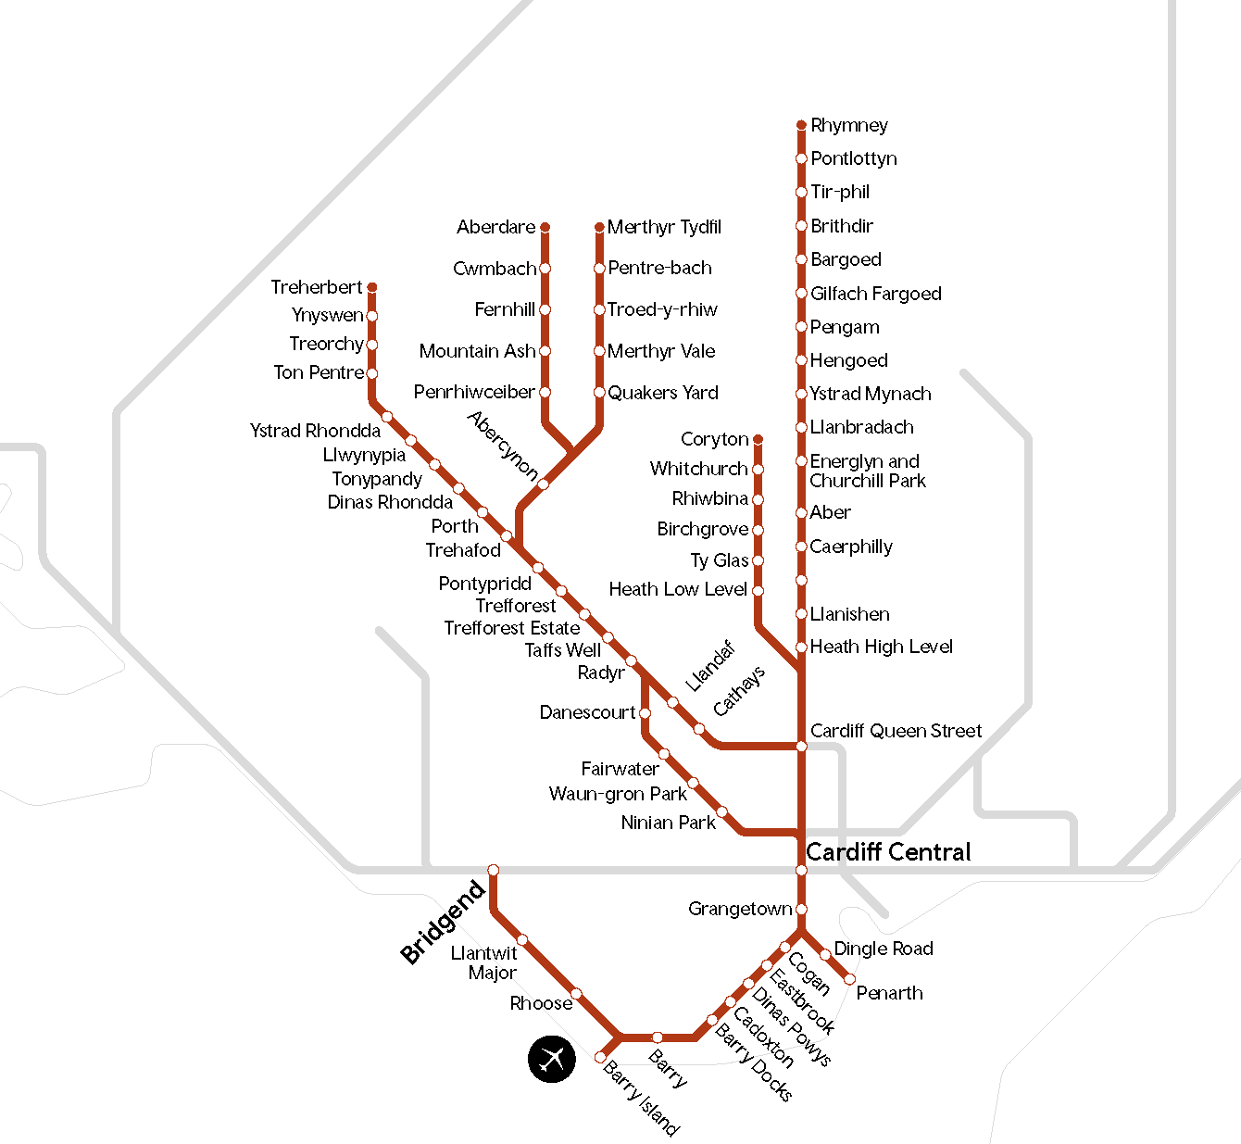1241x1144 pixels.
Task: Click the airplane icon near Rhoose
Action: tap(552, 1058)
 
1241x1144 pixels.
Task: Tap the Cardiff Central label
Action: tap(888, 852)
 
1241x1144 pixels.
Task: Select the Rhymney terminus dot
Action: tap(801, 125)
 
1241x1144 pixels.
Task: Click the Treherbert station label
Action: tap(316, 287)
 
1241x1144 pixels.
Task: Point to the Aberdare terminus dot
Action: tap(545, 227)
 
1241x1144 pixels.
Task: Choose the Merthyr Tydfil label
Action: tap(664, 227)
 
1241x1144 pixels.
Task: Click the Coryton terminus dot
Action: tap(758, 439)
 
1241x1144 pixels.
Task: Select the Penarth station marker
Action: tap(849, 979)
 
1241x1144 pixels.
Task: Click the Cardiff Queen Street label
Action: tap(896, 731)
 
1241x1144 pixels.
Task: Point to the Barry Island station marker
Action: tap(600, 1057)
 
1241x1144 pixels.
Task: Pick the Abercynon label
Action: tap(503, 446)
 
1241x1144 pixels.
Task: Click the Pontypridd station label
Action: tap(484, 584)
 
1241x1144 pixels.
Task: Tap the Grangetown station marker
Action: tap(801, 910)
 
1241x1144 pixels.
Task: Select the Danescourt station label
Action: tap(587, 712)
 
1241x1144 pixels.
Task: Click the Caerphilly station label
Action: tap(850, 547)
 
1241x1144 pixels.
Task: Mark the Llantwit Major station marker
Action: tap(522, 940)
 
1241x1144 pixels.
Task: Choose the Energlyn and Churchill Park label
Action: tap(867, 471)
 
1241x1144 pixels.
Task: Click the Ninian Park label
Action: tap(668, 823)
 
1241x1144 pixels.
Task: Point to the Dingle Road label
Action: tap(883, 949)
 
